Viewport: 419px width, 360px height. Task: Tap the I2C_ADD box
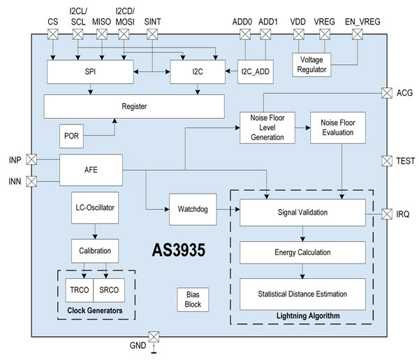254,71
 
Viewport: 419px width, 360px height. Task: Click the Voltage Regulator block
311,64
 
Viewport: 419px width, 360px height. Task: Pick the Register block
134,106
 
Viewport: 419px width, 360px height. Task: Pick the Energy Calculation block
302,252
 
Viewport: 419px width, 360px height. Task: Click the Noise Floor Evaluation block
339,128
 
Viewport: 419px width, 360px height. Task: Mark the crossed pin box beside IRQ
388,213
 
